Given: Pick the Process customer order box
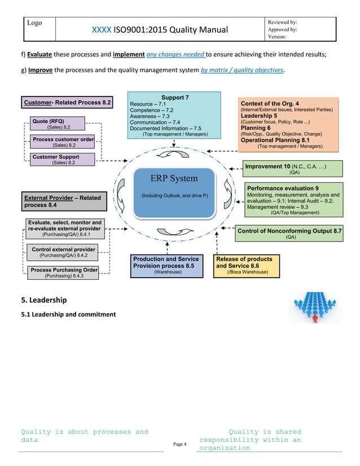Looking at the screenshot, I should pos(62,142).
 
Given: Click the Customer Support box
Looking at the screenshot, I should pos(62,160).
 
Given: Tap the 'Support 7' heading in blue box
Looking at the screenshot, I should pos(175,98).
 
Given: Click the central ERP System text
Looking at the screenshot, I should pos(174,178).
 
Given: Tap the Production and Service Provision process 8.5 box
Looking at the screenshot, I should pos(166,266).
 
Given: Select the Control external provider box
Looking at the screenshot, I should pos(63,252).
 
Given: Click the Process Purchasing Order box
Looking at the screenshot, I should pos(63,272).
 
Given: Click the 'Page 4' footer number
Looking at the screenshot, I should pos(179,445).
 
